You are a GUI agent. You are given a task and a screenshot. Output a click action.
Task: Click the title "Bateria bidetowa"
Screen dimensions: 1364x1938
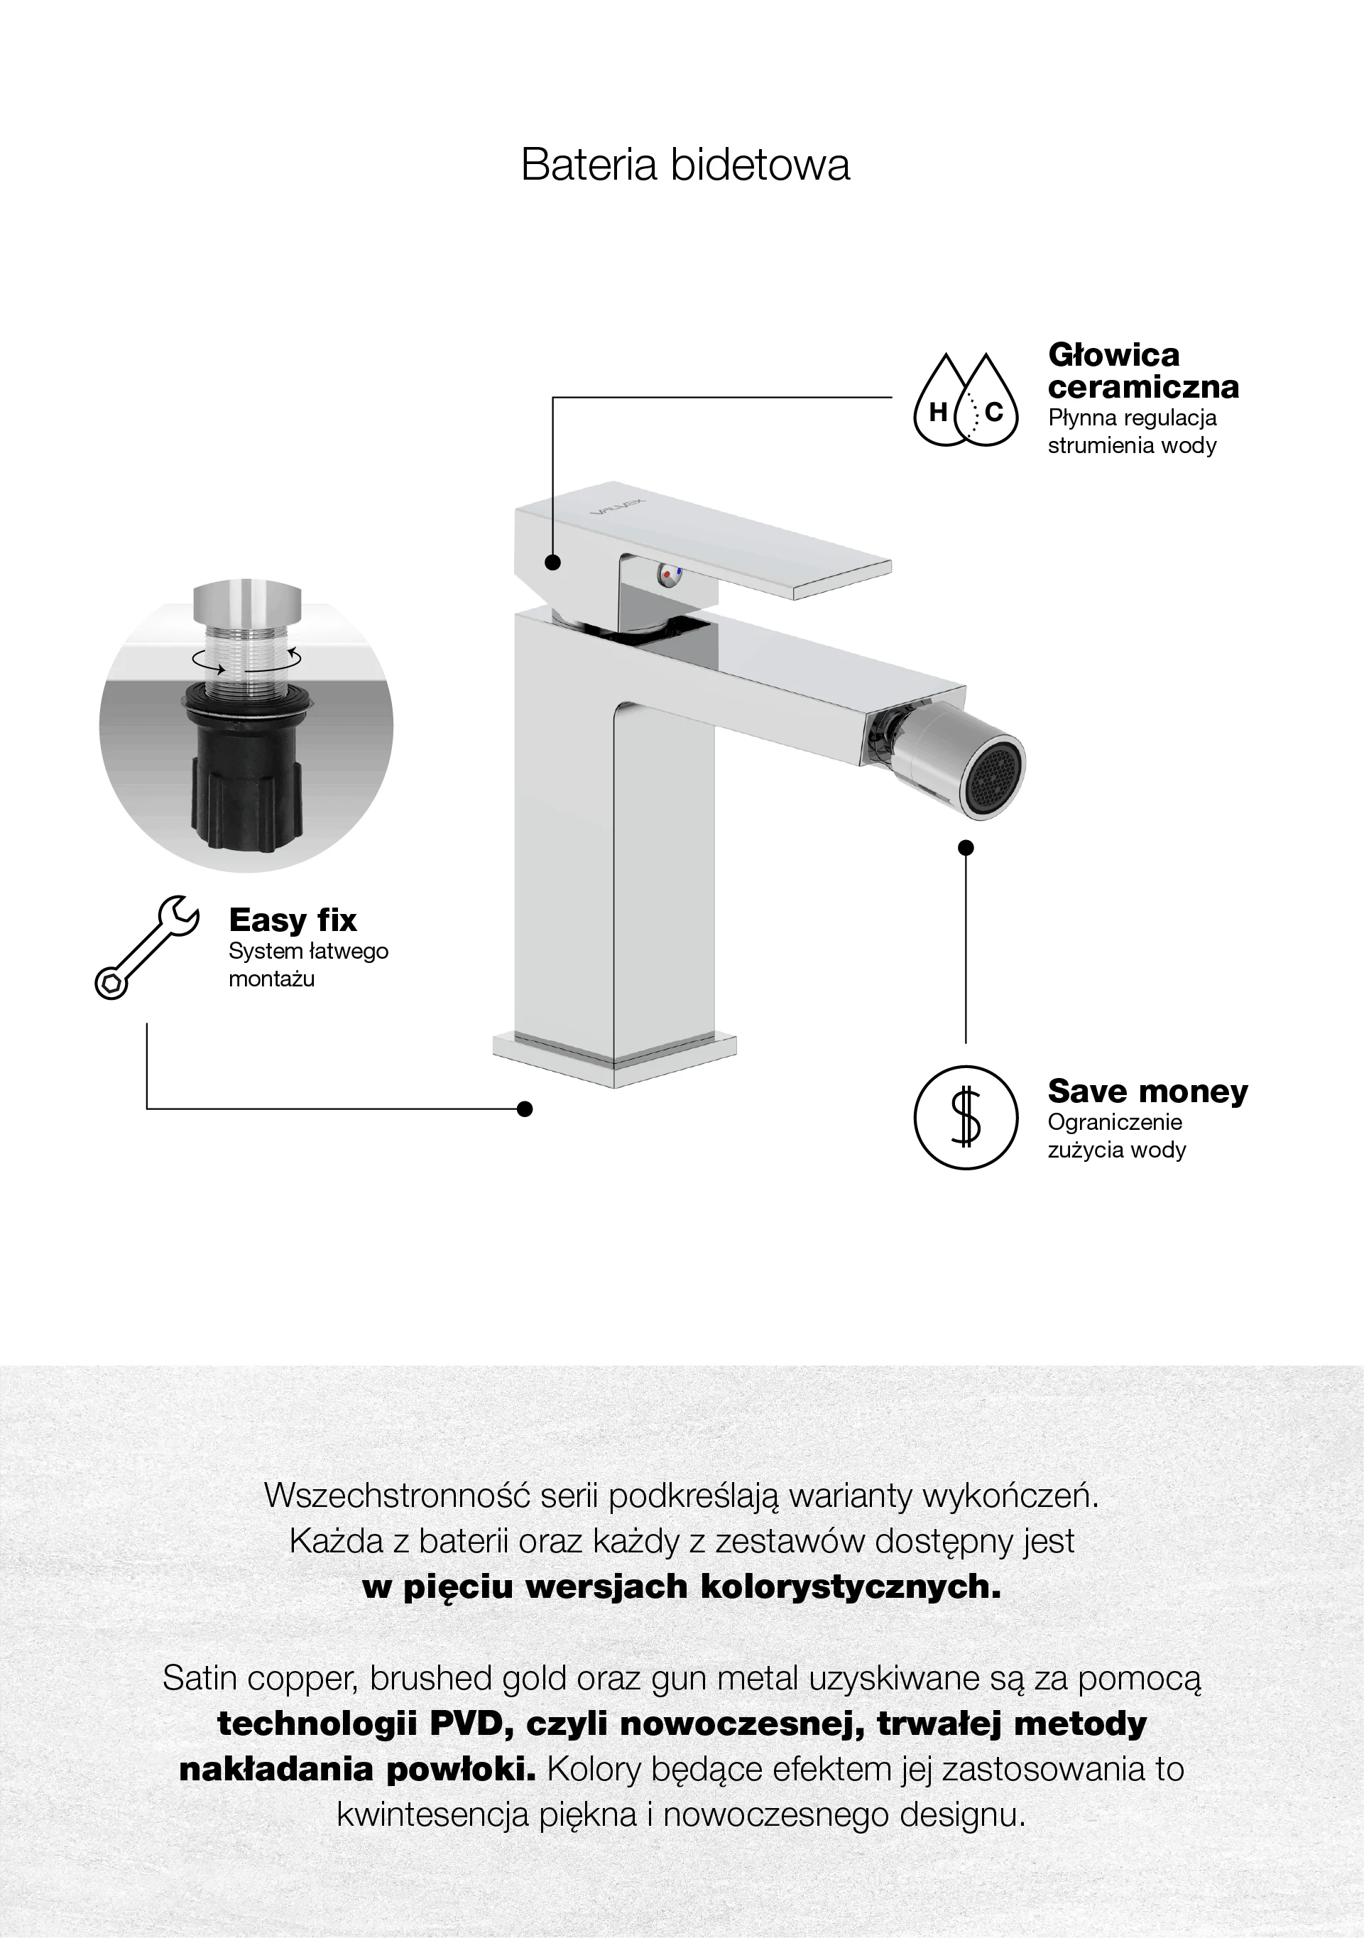685,165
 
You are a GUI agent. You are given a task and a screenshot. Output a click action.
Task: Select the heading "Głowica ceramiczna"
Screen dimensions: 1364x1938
1144,371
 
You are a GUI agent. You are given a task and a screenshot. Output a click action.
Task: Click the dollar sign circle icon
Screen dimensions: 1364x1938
966,1118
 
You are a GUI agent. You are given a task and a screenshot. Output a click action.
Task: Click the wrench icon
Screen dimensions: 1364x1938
147,947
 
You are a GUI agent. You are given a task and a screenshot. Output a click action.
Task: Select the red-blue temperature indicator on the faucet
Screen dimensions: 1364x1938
670,574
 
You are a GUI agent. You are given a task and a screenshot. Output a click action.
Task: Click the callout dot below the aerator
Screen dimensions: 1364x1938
966,847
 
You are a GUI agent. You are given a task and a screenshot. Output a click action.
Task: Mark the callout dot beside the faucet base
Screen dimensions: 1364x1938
524,1109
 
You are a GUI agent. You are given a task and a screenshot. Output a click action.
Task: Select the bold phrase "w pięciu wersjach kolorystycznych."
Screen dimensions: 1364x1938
682,1588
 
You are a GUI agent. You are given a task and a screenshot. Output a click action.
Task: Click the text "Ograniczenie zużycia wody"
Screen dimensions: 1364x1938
1117,1136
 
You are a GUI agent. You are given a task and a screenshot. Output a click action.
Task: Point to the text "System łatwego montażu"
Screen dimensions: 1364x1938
308,965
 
